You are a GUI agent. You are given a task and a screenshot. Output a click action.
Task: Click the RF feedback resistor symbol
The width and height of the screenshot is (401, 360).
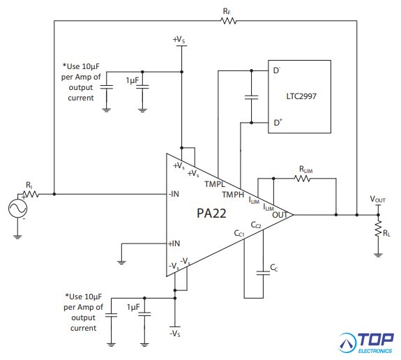[x=228, y=21]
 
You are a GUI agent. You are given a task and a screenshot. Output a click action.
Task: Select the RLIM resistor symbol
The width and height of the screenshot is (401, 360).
[x=303, y=179]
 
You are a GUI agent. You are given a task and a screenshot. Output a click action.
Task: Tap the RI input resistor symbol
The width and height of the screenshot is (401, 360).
[x=31, y=194]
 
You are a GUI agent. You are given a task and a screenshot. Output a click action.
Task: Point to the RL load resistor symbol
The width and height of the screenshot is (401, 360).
[x=378, y=228]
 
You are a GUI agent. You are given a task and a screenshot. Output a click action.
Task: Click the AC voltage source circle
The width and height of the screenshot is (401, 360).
[x=17, y=209]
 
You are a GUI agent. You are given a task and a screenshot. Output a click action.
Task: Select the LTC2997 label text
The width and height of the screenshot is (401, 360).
[x=301, y=96]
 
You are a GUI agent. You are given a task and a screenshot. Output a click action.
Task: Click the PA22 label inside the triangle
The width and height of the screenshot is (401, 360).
[x=211, y=213]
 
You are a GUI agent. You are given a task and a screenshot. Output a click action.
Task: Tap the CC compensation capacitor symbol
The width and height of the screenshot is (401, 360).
[x=263, y=273]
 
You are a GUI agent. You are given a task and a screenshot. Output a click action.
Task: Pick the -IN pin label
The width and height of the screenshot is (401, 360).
[x=174, y=194]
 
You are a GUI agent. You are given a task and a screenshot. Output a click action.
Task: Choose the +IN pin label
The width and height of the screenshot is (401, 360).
[x=174, y=243]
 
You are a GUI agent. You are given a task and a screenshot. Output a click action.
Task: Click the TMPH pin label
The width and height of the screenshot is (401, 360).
[x=233, y=195]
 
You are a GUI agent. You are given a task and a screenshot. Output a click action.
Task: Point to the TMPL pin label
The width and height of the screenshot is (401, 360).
[x=215, y=184]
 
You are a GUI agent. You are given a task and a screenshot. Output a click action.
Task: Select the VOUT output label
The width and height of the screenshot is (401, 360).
[x=378, y=199]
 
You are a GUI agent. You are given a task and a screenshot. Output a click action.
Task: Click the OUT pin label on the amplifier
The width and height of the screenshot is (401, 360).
[x=280, y=215]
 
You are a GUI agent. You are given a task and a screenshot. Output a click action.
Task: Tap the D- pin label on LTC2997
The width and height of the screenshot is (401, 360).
[x=277, y=70]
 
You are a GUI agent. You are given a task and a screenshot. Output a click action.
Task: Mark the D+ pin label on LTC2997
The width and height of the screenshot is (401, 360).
[x=278, y=122]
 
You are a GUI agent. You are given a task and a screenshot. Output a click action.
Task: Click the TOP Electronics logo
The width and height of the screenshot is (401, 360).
[x=366, y=343]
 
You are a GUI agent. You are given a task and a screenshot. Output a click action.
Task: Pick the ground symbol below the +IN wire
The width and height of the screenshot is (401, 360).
[x=121, y=262]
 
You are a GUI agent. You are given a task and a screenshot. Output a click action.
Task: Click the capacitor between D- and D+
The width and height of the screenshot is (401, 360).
[x=251, y=97]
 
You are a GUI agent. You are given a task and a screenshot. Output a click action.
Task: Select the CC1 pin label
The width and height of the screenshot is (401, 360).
[x=239, y=233]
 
